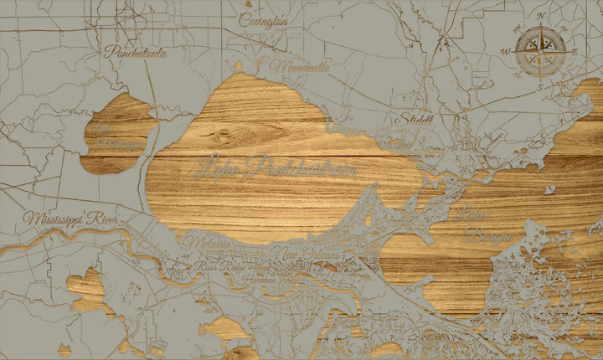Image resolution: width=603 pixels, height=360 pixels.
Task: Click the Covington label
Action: tap(264, 20)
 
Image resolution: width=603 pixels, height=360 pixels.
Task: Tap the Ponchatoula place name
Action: tap(136, 53)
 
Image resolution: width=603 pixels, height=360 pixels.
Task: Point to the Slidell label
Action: tap(416, 119)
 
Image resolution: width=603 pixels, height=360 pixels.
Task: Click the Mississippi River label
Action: tap(71, 219)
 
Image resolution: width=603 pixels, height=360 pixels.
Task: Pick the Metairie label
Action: tap(207, 242)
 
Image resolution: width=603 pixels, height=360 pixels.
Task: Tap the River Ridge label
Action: tap(216, 267)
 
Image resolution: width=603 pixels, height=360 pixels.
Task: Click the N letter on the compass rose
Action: tap(541, 16)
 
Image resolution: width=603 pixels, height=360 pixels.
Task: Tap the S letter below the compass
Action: tap(540, 80)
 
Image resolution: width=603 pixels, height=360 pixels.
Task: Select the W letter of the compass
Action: tap(506, 51)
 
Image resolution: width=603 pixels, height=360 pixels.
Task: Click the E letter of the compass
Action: tap(575, 50)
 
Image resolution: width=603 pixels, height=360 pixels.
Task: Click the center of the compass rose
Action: tap(540, 49)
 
